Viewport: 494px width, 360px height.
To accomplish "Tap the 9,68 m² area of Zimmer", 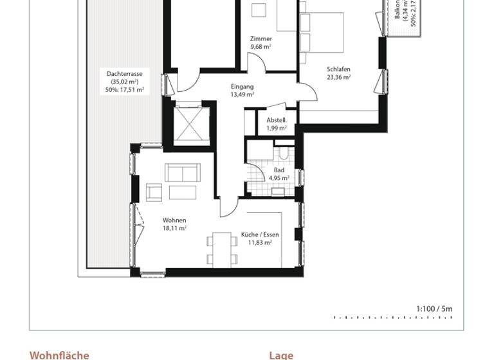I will click(261, 47).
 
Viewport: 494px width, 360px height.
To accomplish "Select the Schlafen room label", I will click(338, 69).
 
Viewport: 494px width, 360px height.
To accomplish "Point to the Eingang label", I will click(242, 86).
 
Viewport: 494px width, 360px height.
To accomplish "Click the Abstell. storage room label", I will click(277, 120).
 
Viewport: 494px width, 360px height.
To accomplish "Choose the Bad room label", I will click(279, 170).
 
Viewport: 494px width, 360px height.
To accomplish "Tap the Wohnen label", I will click(174, 220).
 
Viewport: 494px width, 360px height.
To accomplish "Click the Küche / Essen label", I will click(260, 235).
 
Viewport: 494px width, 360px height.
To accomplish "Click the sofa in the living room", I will click(183, 173).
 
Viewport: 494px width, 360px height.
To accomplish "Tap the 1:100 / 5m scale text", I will click(434, 309).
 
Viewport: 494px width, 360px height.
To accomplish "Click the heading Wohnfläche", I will click(59, 355).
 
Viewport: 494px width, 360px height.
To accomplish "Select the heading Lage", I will click(281, 355).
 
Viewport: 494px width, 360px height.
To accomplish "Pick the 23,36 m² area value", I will click(338, 77).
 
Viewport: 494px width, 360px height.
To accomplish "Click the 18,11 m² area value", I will click(174, 228).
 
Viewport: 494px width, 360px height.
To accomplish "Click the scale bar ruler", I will click(393, 318).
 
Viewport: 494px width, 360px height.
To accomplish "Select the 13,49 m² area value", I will click(242, 94).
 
